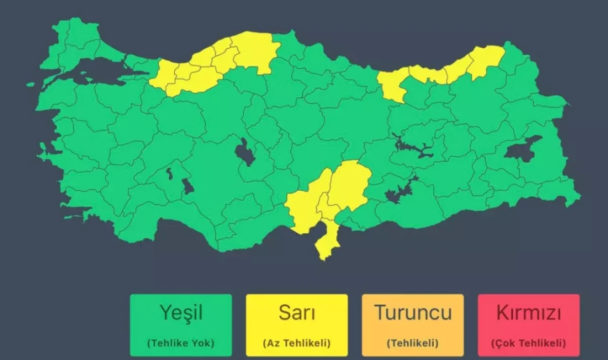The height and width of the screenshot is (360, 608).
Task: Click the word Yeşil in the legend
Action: (181, 313)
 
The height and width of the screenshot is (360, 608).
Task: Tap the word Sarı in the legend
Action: (296, 313)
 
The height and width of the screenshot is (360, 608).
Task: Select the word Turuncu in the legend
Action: (412, 313)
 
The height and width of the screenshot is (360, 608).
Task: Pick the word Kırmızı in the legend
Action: (528, 313)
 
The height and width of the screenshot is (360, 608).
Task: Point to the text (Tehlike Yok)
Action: (181, 343)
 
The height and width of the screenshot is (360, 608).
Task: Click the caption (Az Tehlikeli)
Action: (296, 343)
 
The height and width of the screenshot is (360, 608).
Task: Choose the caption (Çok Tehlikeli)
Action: (528, 343)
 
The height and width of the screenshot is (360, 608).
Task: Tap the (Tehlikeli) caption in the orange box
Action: (412, 343)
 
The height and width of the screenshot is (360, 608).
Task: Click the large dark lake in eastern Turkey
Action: (522, 149)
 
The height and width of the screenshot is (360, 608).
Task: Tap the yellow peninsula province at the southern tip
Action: (327, 241)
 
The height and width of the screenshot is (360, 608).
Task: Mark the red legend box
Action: (528, 325)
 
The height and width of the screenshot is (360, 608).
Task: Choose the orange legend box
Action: (412, 325)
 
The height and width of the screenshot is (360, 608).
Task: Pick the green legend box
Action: (181, 325)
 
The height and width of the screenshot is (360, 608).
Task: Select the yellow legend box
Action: (296, 325)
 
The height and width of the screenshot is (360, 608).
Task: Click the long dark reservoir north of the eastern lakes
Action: (413, 147)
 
